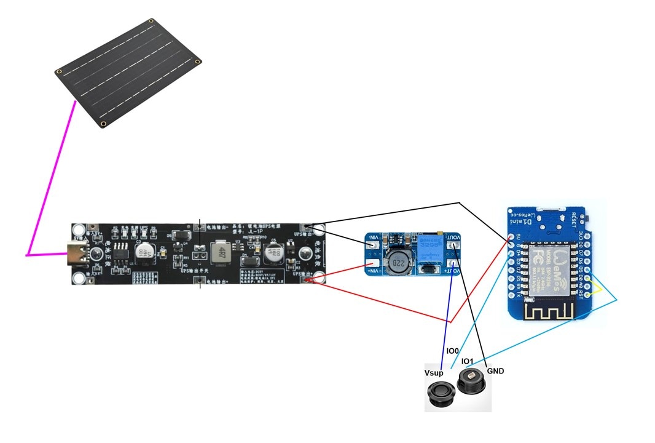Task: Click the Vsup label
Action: click(x=433, y=373)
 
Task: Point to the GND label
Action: click(x=495, y=371)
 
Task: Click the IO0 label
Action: click(x=452, y=351)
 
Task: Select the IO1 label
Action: click(x=468, y=361)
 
